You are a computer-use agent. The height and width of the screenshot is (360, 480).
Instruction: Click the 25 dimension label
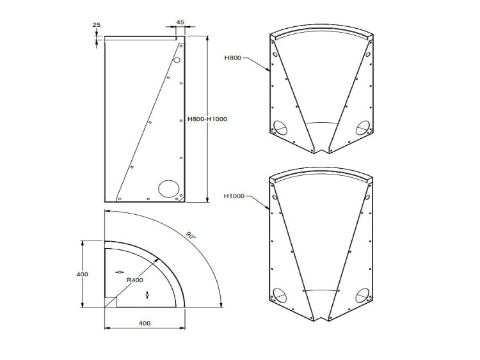click(97, 26)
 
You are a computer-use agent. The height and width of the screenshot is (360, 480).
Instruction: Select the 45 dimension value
click(180, 22)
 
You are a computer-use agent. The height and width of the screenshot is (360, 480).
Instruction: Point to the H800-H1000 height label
click(207, 118)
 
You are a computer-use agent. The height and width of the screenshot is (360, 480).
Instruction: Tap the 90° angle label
click(190, 235)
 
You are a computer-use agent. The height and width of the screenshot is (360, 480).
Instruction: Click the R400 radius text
click(134, 279)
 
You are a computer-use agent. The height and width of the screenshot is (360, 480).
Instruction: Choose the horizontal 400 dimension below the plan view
click(145, 323)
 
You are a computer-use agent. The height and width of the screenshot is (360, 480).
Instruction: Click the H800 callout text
click(232, 58)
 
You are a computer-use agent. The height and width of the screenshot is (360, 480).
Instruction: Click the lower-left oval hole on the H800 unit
click(280, 126)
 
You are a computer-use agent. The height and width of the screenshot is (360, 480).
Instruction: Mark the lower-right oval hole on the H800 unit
click(363, 126)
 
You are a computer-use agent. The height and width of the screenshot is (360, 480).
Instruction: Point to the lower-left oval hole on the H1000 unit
click(280, 295)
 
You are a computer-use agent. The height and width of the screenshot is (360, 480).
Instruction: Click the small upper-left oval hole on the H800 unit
click(275, 56)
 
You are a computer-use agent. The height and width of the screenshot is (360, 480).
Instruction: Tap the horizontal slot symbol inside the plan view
click(119, 272)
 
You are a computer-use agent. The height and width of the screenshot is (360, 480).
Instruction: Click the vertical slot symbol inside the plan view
click(147, 295)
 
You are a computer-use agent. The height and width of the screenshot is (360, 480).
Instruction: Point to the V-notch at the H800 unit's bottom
click(321, 148)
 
